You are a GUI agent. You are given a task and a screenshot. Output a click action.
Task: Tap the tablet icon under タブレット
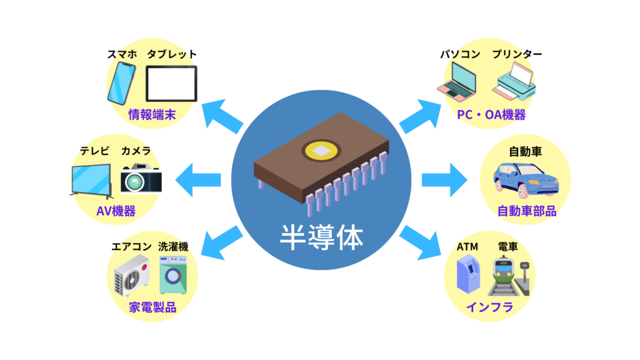point(171,84)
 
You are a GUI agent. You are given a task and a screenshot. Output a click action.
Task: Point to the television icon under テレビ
point(91,180)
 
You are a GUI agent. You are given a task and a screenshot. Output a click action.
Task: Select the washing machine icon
point(173,276)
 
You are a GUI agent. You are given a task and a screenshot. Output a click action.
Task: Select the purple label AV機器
point(116,211)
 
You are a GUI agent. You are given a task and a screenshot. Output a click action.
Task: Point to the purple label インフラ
point(489,307)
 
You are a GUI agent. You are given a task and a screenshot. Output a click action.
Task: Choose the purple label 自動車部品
point(526,211)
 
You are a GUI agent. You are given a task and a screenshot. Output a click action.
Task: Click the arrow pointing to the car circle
point(444,180)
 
